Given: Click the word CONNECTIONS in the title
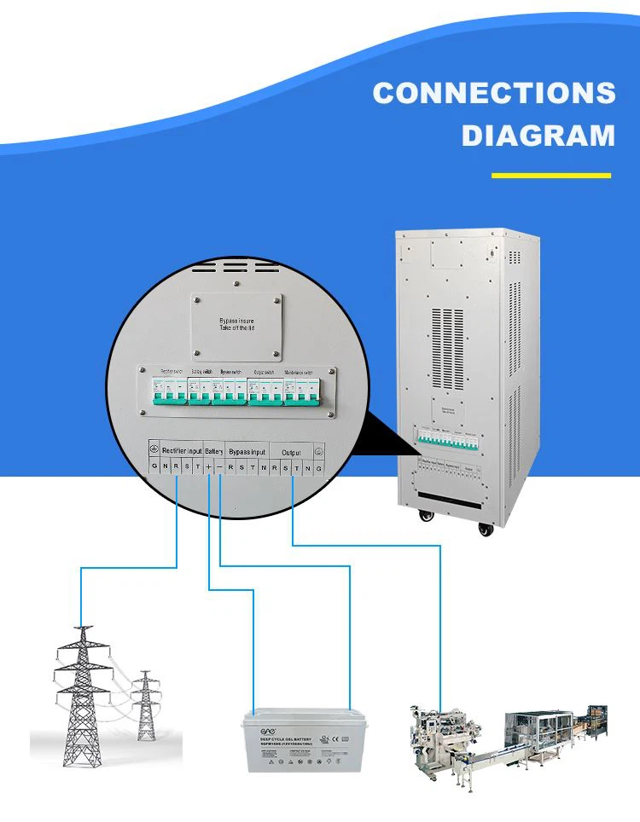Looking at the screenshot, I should click(493, 93).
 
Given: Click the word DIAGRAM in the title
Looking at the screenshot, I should click(538, 136).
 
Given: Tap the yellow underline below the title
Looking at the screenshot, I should click(551, 176).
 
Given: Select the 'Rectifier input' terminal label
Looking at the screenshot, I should click(182, 451).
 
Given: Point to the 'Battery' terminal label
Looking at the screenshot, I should click(213, 451).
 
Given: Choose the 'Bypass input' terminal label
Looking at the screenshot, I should click(247, 451).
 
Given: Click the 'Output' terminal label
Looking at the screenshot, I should click(291, 451).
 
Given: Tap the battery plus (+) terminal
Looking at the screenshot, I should click(209, 467).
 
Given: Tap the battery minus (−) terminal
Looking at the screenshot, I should click(220, 467).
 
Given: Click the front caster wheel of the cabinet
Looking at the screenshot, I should click(486, 530).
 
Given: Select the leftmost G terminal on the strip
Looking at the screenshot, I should click(154, 467).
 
